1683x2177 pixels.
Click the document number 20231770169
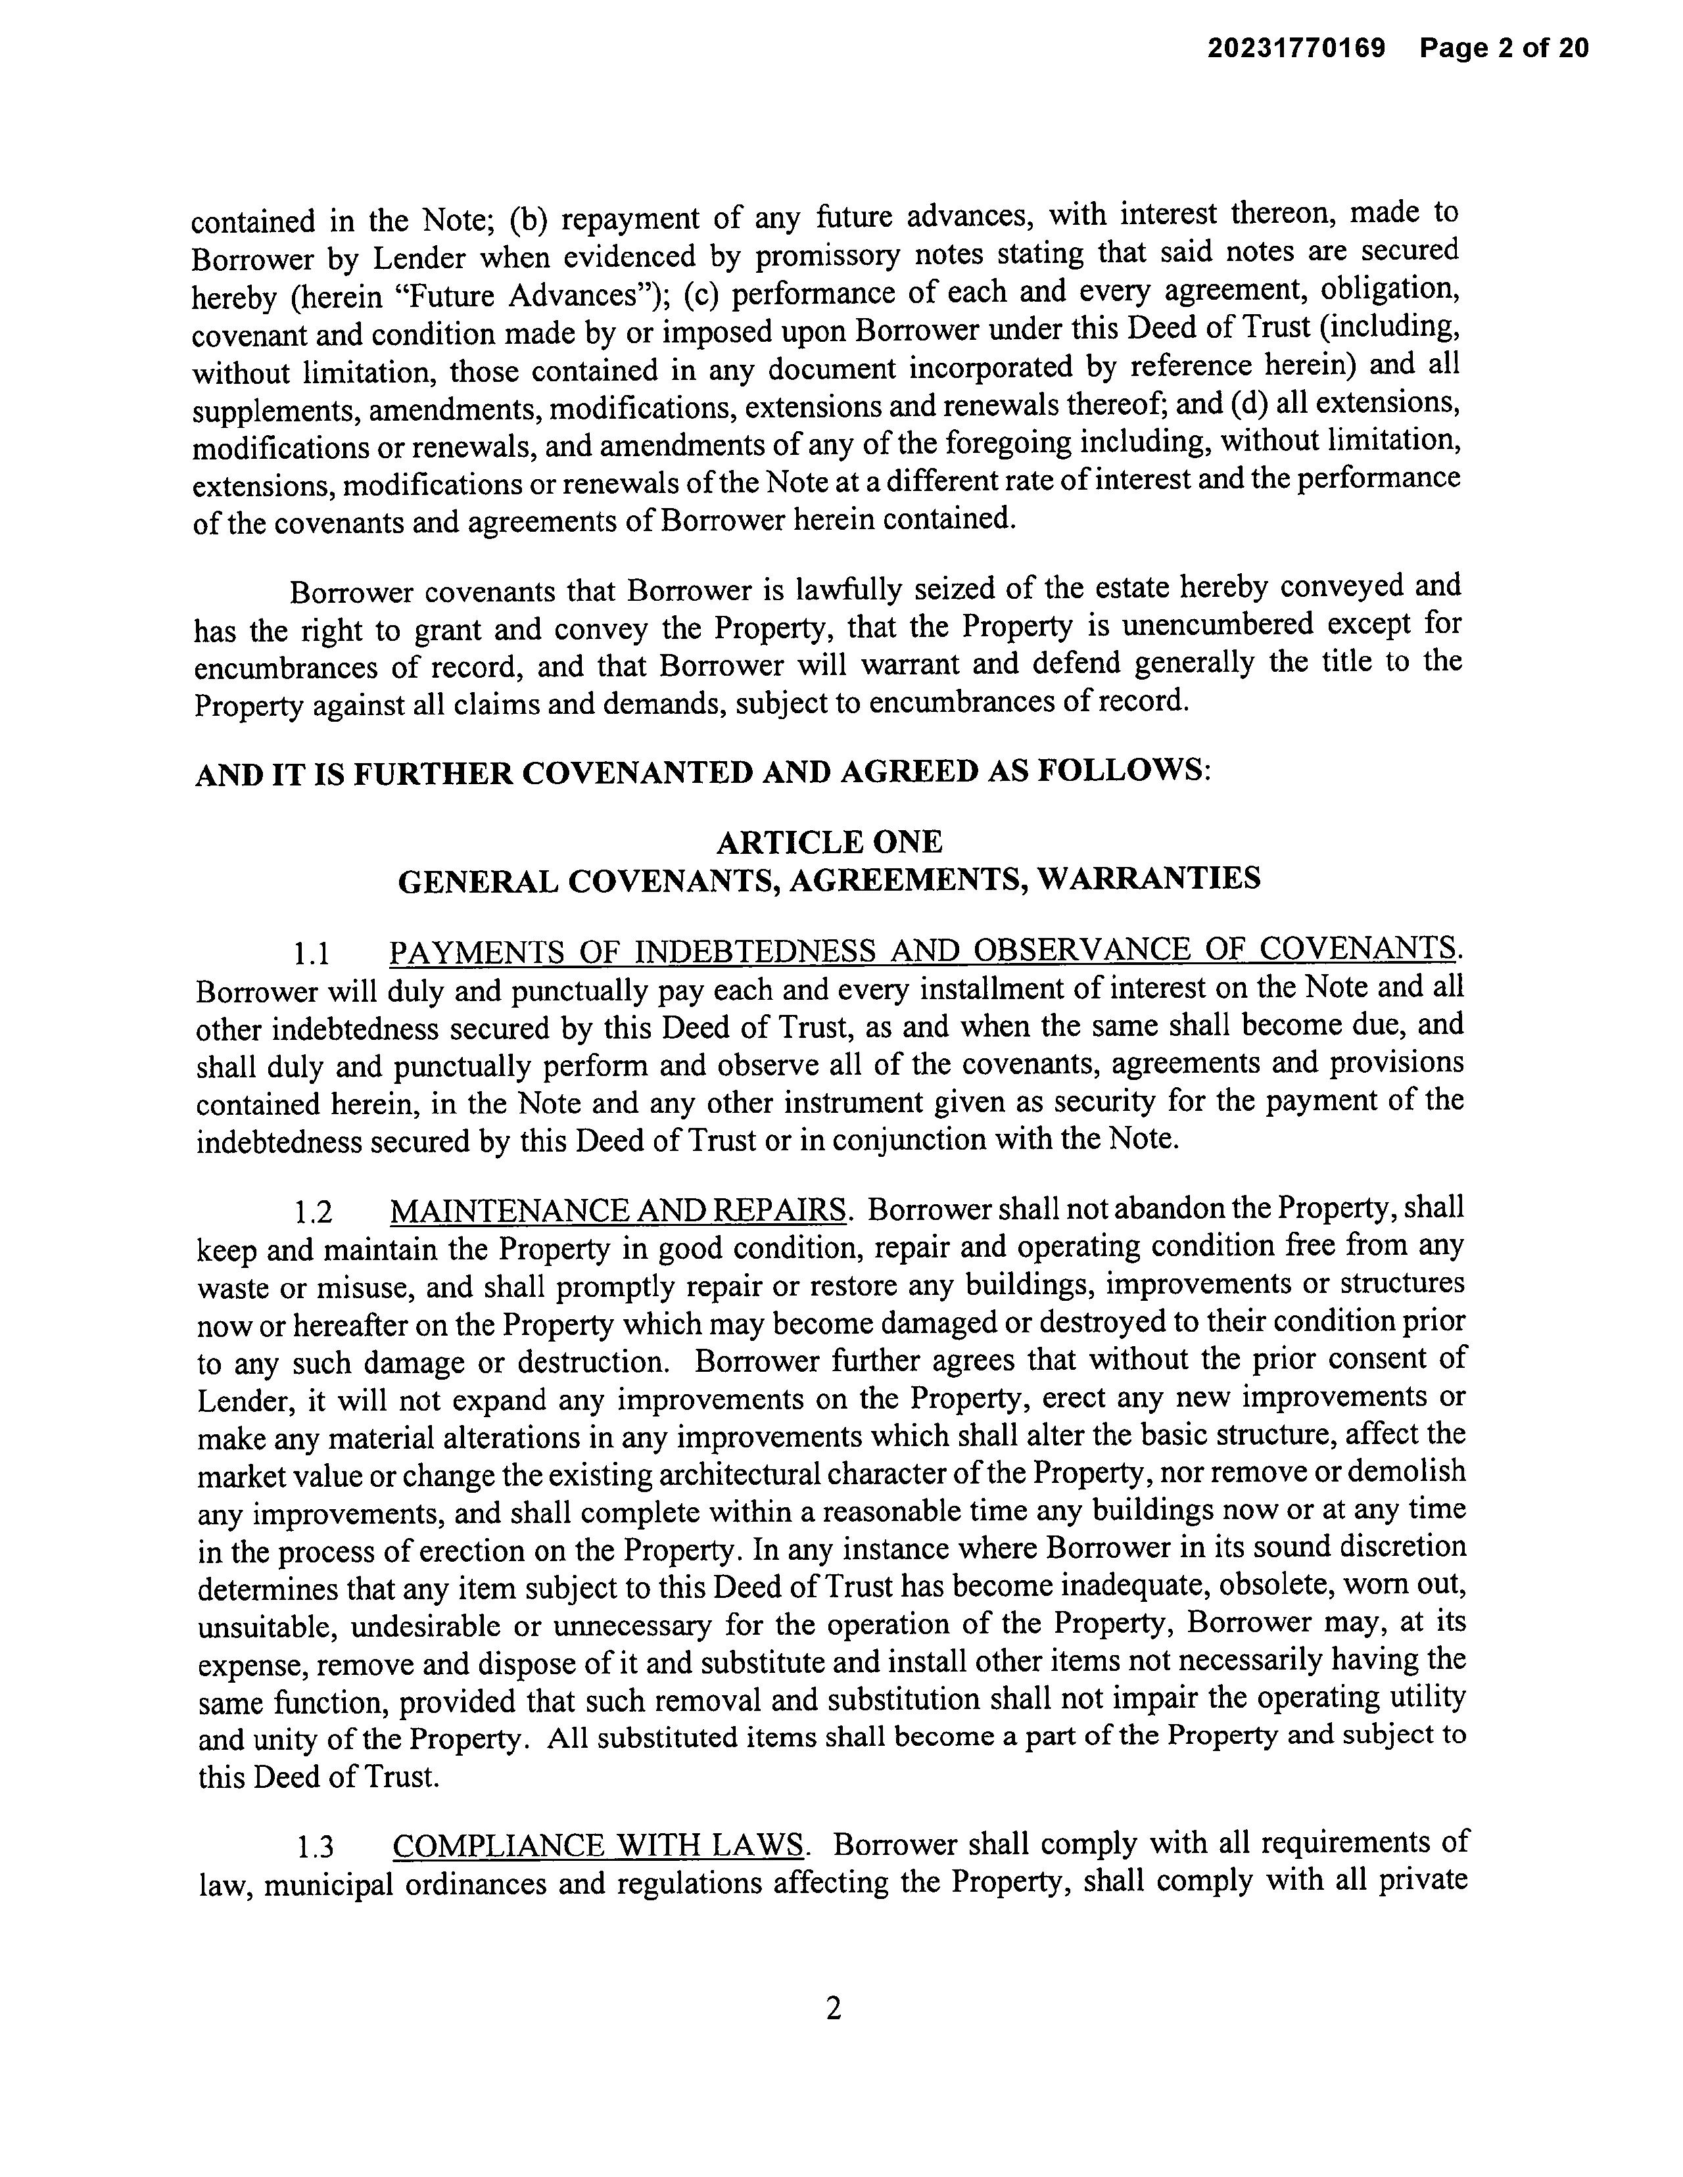[x=1296, y=48]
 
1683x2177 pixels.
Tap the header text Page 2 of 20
[x=1504, y=48]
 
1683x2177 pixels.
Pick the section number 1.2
[x=313, y=1212]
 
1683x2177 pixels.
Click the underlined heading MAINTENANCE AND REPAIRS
[x=618, y=1210]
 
